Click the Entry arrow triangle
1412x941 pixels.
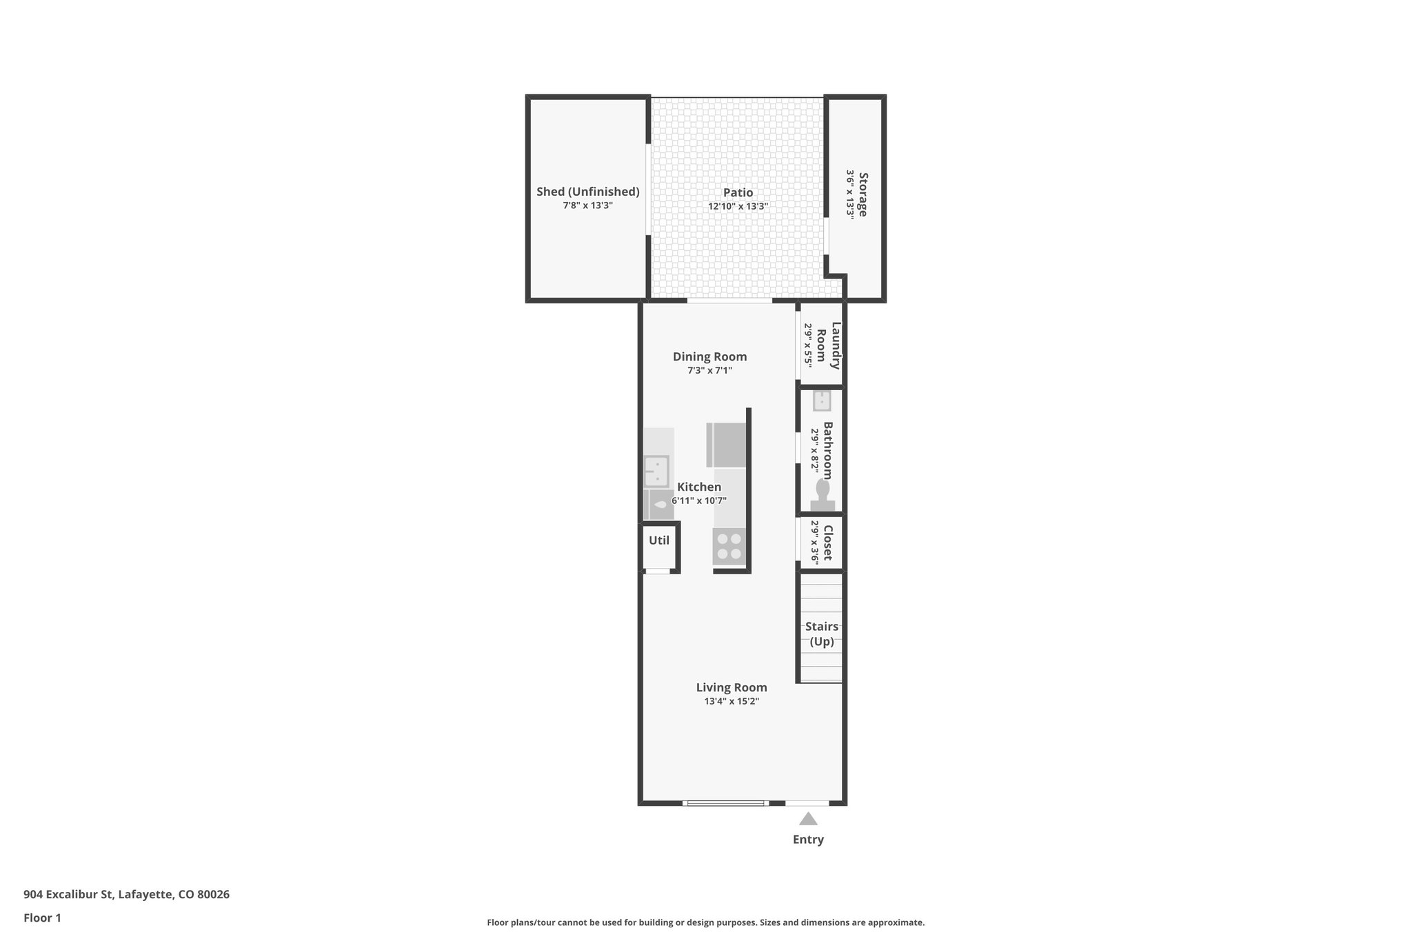click(x=808, y=819)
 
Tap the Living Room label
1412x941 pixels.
click(x=732, y=687)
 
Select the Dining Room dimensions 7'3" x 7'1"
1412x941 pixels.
click(x=709, y=371)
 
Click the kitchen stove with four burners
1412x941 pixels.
click(x=729, y=547)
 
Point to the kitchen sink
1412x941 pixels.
click(x=656, y=472)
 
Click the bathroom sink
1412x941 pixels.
click(x=822, y=401)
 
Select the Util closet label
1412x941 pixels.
click(x=659, y=540)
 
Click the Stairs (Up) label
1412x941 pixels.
click(x=822, y=634)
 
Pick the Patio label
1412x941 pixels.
click(x=738, y=192)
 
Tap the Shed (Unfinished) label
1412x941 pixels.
click(x=588, y=192)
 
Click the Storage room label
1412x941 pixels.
click(x=863, y=194)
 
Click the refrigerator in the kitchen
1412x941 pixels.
click(x=727, y=445)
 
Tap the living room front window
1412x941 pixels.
click(x=725, y=803)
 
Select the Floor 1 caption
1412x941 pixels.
click(x=42, y=918)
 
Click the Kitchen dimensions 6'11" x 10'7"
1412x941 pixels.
click(x=699, y=501)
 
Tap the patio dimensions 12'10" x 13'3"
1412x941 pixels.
click(x=738, y=207)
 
